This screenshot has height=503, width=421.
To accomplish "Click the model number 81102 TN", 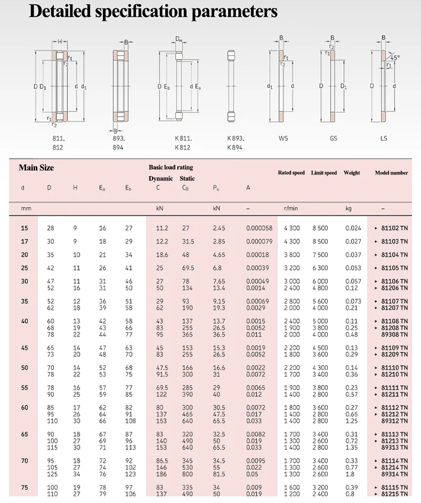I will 395,228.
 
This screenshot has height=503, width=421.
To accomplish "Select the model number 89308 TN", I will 395,335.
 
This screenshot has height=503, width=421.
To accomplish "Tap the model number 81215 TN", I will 395,494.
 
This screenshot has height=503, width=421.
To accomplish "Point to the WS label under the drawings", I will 283,138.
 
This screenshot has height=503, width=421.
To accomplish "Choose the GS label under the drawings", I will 333,138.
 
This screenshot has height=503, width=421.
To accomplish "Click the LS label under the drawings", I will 383,138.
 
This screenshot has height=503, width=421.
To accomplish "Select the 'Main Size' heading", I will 36,168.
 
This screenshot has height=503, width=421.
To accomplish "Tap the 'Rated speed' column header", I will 291,173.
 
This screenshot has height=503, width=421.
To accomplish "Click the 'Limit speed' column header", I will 324,173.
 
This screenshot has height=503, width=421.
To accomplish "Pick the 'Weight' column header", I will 352,173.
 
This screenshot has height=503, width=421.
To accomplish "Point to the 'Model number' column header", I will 391,173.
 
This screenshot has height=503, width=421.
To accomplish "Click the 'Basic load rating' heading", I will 171,167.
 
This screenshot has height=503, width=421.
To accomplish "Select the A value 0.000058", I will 259,228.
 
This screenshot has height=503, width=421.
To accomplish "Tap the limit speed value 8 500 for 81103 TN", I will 321,242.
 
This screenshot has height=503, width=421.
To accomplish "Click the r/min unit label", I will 291,208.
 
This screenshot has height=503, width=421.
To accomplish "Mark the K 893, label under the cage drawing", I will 236,138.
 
